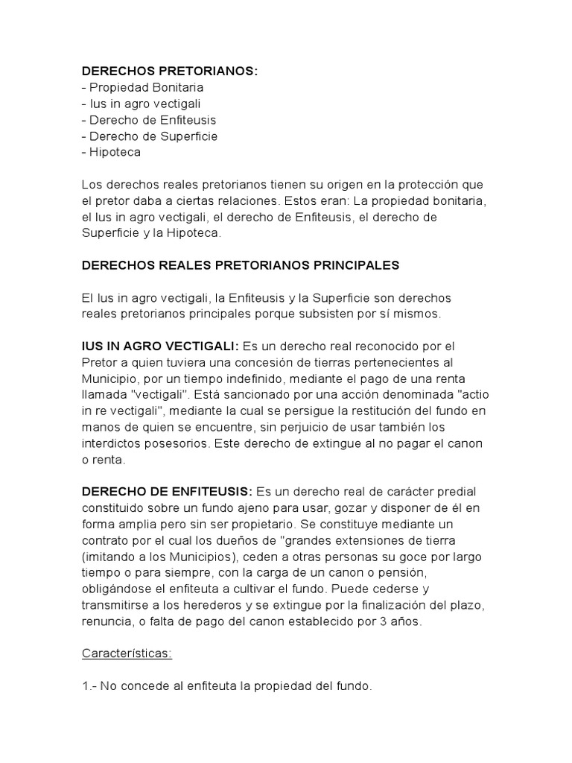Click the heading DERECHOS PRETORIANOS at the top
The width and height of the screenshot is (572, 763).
point(169,71)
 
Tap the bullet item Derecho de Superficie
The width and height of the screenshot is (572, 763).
point(153,136)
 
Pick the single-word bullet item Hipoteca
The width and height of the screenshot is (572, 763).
point(114,153)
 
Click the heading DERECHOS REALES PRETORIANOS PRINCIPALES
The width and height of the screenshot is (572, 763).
point(241,265)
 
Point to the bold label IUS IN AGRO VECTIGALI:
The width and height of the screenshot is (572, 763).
point(160,346)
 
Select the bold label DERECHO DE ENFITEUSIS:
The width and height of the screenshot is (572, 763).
point(167,493)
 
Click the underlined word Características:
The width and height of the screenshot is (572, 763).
point(127,653)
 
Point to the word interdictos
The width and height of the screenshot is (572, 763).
point(111,444)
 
